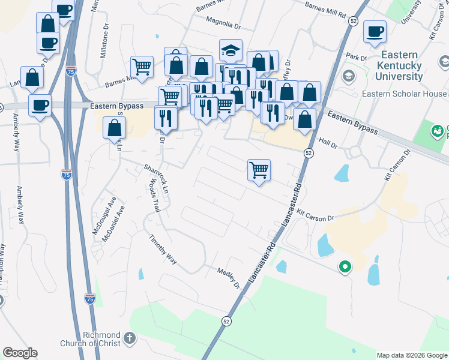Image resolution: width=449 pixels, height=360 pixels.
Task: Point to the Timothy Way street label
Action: coord(163,250)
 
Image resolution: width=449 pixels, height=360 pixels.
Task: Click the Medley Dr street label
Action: coord(229,278)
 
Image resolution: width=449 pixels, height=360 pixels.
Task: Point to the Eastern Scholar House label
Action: coord(405,94)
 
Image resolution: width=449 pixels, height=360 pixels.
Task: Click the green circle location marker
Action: coord(345,266)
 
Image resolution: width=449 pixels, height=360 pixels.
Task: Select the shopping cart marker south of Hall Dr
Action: coord(259,170)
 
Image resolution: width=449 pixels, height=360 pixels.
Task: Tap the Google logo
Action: coord(20,353)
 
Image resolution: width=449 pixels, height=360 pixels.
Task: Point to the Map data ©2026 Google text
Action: coord(412,355)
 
